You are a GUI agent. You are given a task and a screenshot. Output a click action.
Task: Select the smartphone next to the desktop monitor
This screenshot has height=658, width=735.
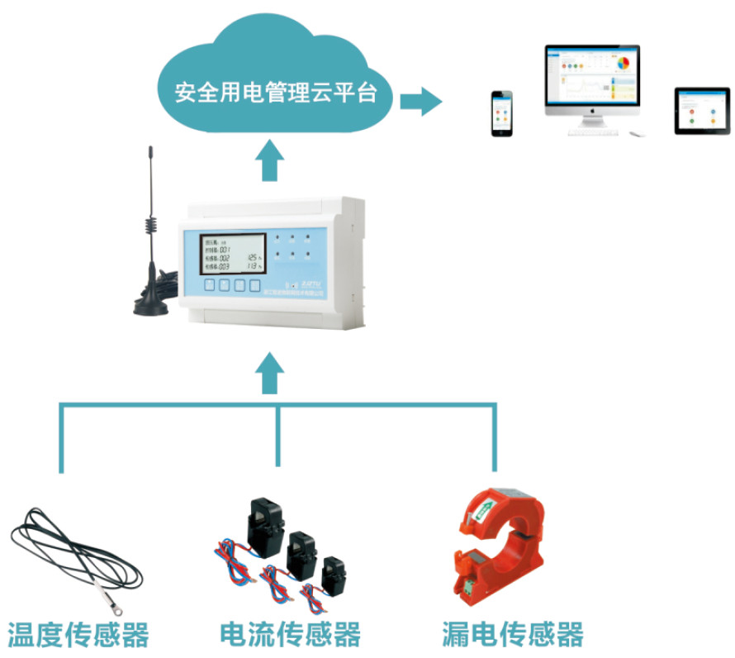coord(502,113)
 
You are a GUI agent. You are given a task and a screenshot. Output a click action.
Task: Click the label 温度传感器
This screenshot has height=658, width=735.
coord(78,635)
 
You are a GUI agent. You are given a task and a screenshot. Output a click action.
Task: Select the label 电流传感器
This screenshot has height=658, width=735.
coord(291,635)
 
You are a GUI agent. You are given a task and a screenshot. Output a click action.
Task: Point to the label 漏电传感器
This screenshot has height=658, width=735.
coord(512,635)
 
